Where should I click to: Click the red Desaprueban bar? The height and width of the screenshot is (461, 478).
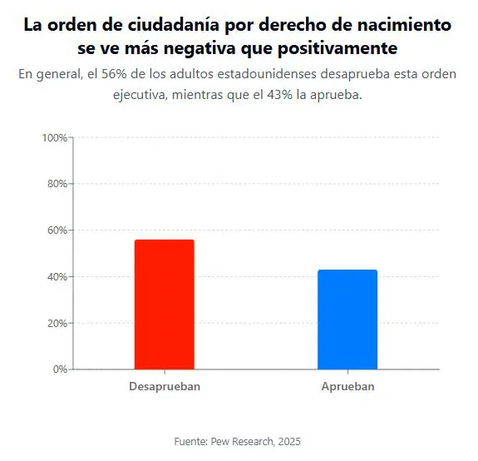[x=164, y=305]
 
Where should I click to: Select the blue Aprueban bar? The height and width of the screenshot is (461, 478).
[x=347, y=320]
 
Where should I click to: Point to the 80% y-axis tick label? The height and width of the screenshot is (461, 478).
[x=56, y=184]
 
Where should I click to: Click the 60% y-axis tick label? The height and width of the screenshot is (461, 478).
[x=56, y=230]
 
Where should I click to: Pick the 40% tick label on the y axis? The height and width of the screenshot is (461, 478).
[x=56, y=277]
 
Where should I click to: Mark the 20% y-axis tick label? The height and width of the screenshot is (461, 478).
[x=56, y=323]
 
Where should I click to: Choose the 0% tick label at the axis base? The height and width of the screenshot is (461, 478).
[x=59, y=369]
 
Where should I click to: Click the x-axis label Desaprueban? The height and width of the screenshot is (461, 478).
[x=164, y=387]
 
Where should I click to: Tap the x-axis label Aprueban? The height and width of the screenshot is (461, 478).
[x=347, y=387]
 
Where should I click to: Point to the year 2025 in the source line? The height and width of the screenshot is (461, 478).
[x=288, y=441]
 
